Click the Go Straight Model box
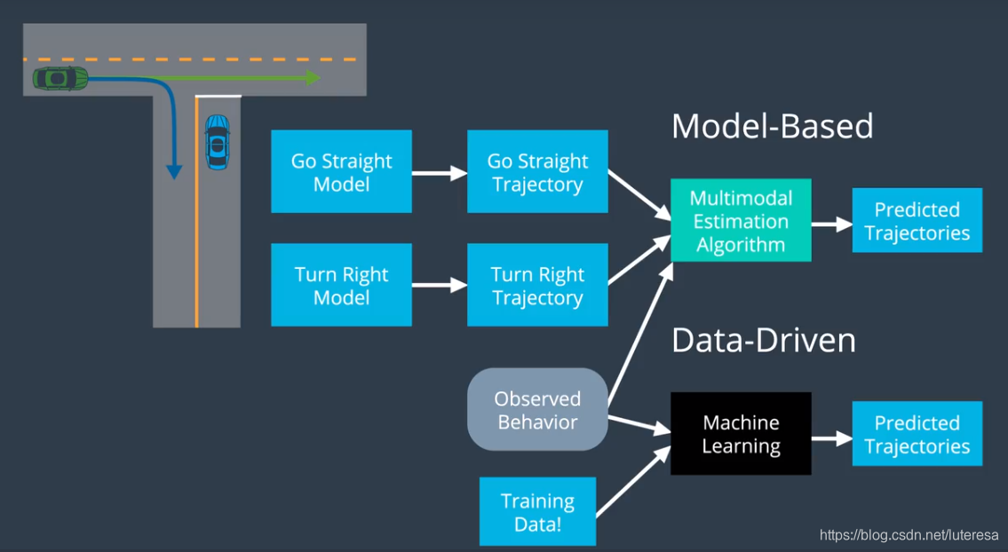[341, 171]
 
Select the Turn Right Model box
[341, 285]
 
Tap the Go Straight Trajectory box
[537, 171]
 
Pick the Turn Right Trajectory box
[537, 285]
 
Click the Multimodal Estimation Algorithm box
[741, 220]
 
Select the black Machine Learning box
[741, 434]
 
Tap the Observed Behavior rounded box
[537, 409]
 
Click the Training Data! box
[537, 511]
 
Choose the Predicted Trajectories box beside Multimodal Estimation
[917, 220]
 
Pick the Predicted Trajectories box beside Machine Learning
[917, 434]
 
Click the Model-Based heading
[772, 126]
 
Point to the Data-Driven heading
[764, 341]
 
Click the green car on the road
[60, 78]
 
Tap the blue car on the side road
[218, 142]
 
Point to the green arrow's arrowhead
[314, 78]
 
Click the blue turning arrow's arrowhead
[174, 171]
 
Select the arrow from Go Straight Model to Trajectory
[440, 173]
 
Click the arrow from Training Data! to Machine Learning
[633, 481]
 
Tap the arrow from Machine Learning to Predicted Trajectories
[832, 439]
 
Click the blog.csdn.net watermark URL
[909, 535]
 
